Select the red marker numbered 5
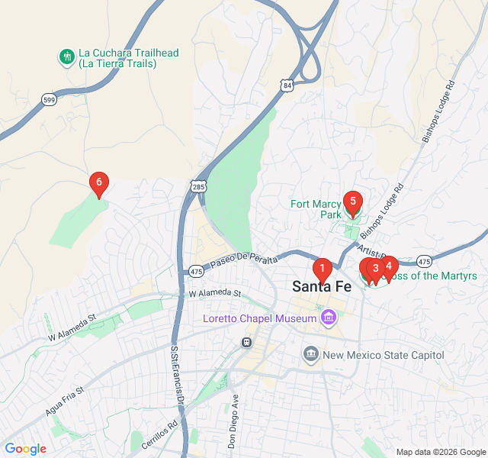click(x=352, y=202)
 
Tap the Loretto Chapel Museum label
click(x=259, y=318)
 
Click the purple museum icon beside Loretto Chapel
click(x=329, y=317)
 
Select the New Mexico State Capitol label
click(x=383, y=355)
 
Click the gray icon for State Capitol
click(x=310, y=354)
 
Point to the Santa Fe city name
click(x=322, y=287)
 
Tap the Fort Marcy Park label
click(x=316, y=209)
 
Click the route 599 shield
click(x=50, y=100)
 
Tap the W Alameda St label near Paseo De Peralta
click(x=214, y=293)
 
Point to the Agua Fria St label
click(x=64, y=400)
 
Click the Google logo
click(x=25, y=449)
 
